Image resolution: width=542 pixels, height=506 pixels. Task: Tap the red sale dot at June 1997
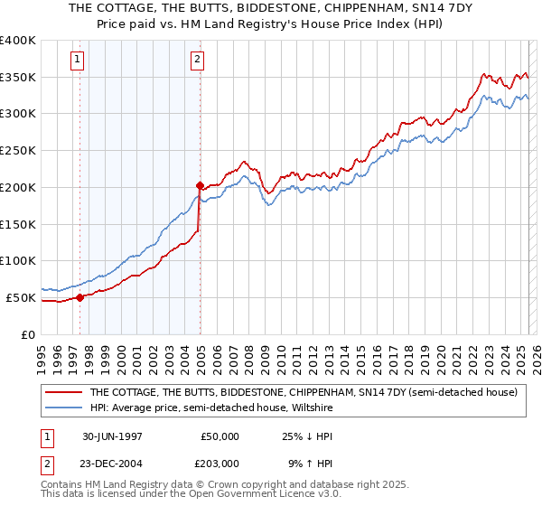pos(79,296)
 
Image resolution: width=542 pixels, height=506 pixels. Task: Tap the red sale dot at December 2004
pos(200,184)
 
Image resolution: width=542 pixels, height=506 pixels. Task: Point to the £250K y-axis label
pos(18,151)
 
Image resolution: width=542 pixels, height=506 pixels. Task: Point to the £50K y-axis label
pos(22,297)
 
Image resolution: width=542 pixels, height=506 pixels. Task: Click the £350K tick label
pos(18,78)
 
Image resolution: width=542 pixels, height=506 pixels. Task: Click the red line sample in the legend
pos(65,393)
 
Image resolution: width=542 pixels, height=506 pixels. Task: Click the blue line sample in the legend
pos(65,408)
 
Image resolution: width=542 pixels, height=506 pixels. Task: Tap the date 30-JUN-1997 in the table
pos(113,436)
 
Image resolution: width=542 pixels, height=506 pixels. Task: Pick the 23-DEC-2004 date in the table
pos(113,463)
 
